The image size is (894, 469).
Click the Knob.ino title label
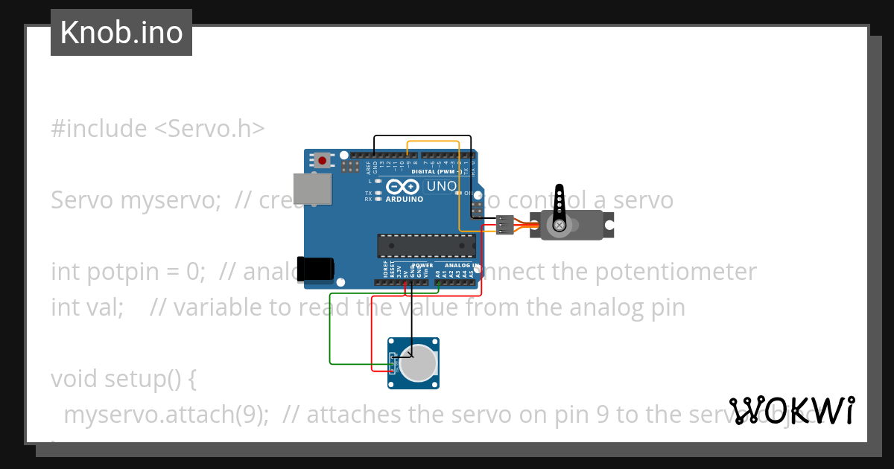pyautogui.click(x=121, y=33)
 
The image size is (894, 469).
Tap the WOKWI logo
pyautogui.click(x=792, y=411)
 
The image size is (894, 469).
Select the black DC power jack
pyautogui.click(x=316, y=269)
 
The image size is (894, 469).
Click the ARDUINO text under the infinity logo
pyautogui.click(x=405, y=200)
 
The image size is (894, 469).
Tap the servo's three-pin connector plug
pyautogui.click(x=505, y=225)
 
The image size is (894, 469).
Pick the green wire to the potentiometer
pyautogui.click(x=330, y=335)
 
